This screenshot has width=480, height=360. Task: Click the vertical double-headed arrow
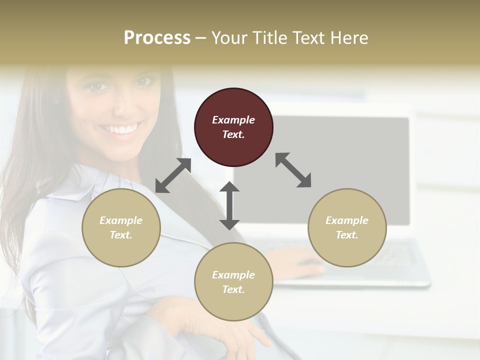click(x=229, y=205)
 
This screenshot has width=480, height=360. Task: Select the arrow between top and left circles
click(x=173, y=175)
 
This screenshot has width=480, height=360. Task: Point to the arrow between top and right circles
click(x=293, y=170)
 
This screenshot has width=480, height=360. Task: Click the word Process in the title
click(x=157, y=37)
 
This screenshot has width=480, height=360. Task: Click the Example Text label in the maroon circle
click(x=233, y=127)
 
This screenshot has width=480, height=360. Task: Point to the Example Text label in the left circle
click(x=121, y=227)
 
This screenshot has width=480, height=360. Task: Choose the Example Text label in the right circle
click(x=347, y=227)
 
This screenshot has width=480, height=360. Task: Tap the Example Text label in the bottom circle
click(x=233, y=282)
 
